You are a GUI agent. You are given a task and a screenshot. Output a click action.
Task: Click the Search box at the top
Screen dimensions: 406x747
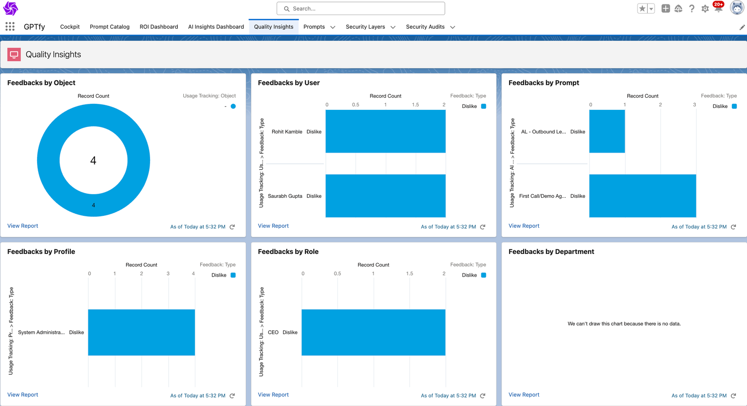coord(360,9)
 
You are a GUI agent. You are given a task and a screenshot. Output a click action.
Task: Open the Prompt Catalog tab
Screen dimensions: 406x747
coord(109,27)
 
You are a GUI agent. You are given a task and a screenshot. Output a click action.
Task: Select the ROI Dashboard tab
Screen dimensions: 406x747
coord(159,27)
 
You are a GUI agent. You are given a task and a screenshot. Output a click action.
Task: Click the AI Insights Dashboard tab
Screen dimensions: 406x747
coord(216,27)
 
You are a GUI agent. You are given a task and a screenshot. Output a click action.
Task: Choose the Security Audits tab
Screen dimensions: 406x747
coord(425,27)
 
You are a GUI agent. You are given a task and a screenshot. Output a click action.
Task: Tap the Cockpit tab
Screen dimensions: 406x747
coord(70,27)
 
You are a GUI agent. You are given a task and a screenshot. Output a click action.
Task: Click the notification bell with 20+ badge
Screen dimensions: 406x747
coord(718,9)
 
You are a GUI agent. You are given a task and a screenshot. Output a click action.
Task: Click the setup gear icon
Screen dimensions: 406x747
coord(705,9)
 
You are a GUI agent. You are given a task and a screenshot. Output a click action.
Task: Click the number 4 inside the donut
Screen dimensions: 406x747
coord(93,161)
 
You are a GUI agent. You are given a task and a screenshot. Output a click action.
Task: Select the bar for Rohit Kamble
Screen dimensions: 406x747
coord(386,131)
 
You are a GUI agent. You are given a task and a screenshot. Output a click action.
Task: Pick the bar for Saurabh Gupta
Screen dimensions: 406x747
coord(386,196)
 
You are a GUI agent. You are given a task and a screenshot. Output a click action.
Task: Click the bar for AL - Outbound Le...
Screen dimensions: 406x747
coord(607,131)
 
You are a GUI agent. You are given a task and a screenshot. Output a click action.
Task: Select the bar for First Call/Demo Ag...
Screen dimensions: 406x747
coord(643,196)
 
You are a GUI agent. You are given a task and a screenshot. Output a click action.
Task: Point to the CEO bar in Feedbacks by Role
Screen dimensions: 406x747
coord(374,332)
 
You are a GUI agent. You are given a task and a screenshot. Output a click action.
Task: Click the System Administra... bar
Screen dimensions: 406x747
coord(142,332)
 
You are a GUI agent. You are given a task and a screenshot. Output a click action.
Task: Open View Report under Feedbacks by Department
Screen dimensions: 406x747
coord(524,394)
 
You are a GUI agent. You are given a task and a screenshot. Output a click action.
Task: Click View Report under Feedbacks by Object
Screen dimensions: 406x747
coord(23,226)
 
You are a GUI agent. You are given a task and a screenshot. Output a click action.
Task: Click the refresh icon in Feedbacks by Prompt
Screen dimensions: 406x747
coord(733,227)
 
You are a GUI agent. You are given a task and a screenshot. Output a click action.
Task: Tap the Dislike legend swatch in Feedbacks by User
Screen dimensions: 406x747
coord(483,106)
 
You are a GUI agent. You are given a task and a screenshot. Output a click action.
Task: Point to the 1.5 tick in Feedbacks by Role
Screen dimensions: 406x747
coord(410,274)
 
